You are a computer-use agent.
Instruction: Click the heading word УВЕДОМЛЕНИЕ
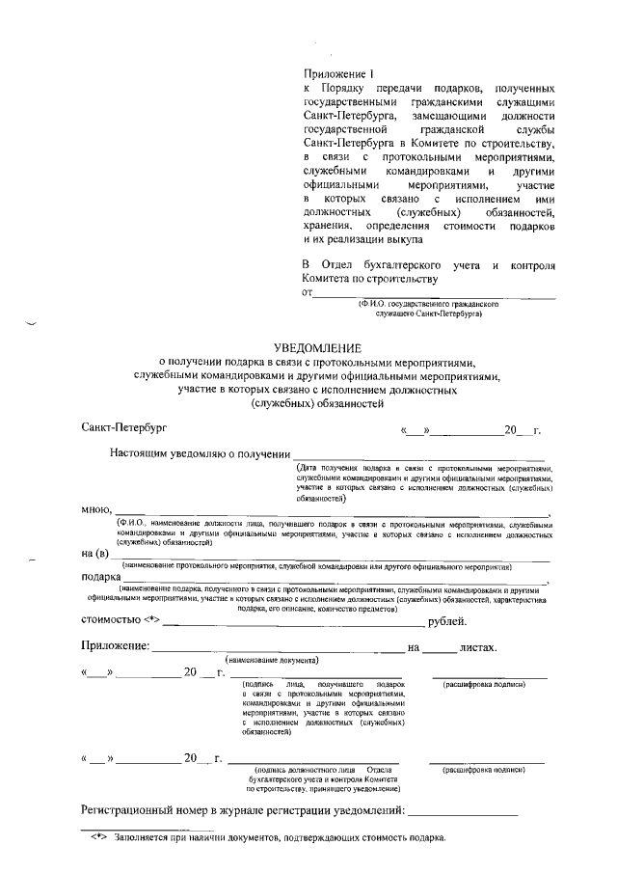click(317, 346)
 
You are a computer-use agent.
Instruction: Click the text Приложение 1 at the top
click(337, 74)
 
